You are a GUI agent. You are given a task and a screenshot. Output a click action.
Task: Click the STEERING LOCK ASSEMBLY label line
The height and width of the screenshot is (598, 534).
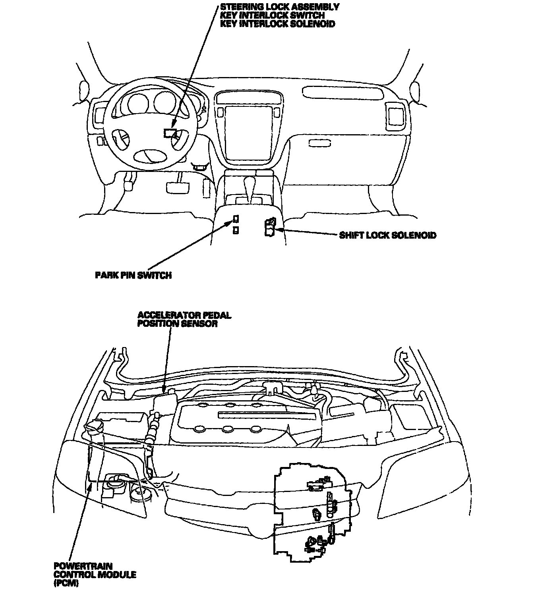tap(280, 7)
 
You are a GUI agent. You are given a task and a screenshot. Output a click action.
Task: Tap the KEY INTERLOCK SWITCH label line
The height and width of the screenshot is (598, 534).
tap(273, 15)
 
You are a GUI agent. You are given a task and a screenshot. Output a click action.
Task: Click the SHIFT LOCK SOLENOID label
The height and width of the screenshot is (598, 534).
tap(387, 235)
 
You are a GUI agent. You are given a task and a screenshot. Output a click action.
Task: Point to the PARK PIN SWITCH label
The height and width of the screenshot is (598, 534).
tap(133, 275)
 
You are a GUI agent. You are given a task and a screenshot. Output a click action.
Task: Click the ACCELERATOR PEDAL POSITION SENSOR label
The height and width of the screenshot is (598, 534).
tap(184, 320)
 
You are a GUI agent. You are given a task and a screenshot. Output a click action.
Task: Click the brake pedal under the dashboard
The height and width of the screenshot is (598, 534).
tap(177, 187)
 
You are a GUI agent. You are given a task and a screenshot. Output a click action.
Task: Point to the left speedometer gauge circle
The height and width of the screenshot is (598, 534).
tap(137, 102)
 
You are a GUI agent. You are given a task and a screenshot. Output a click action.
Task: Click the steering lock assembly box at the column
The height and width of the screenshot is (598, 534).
tap(171, 133)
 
